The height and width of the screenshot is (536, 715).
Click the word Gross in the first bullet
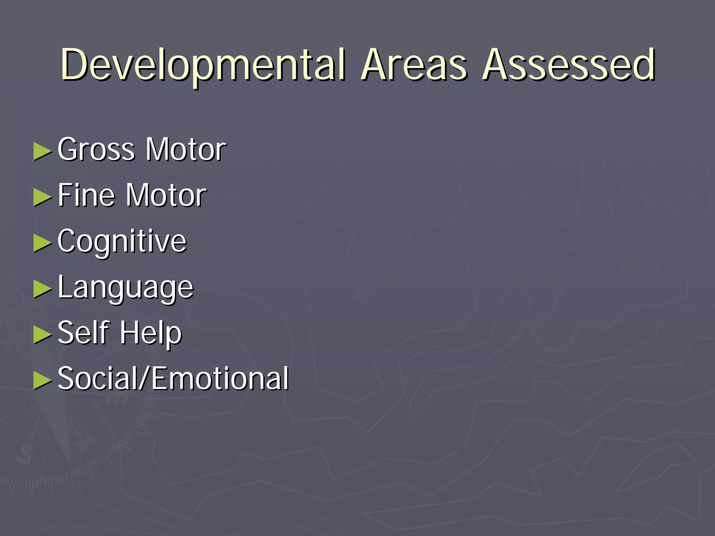(x=96, y=150)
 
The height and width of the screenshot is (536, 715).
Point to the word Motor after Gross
(x=186, y=150)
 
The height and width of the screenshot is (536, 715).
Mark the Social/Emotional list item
(x=173, y=379)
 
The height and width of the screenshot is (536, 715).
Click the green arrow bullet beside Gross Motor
(x=42, y=151)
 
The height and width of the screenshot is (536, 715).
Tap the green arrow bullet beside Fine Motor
(x=42, y=197)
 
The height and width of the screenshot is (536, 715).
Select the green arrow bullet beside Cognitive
(x=42, y=243)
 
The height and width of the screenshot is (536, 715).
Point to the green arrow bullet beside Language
(x=42, y=289)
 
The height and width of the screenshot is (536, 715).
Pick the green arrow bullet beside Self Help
(x=42, y=334)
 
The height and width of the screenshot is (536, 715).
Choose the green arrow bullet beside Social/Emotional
(x=42, y=380)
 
